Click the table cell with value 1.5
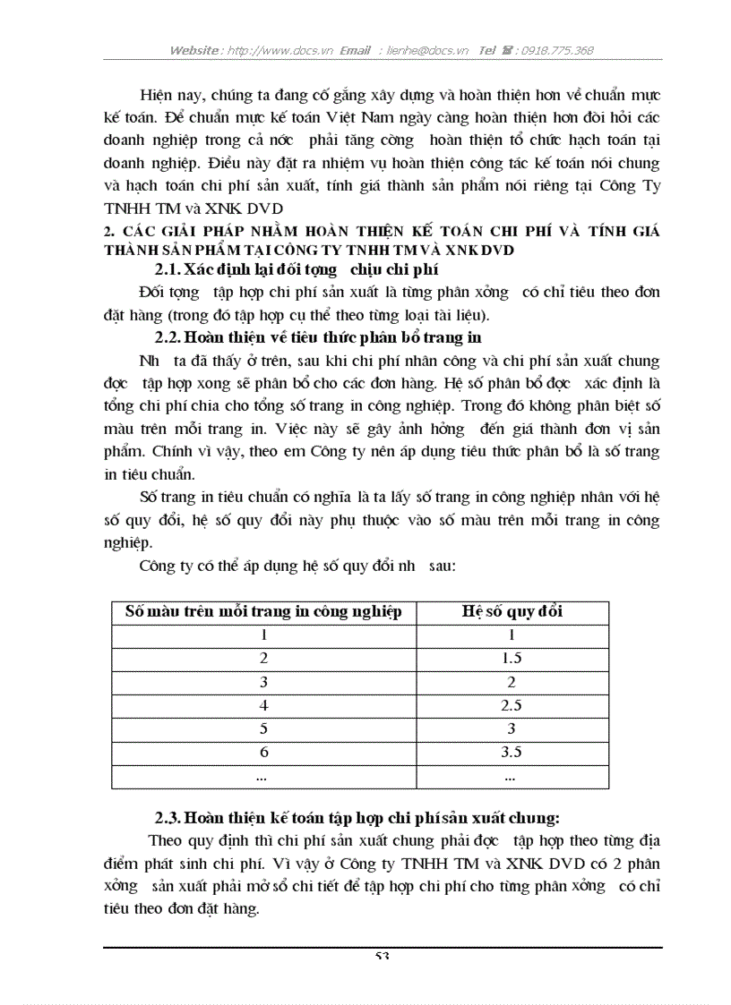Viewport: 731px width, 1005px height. tap(512, 659)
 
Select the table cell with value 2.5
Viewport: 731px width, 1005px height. tap(512, 705)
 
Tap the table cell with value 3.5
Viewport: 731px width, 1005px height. tap(512, 753)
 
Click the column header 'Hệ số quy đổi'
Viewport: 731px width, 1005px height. tap(512, 612)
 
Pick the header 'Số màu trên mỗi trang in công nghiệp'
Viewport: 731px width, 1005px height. tap(263, 612)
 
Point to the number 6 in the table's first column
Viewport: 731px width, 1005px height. tap(264, 753)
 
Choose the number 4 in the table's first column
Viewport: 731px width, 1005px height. tap(264, 705)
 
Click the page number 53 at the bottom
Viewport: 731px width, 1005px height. tap(383, 956)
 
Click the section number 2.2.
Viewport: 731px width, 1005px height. tap(167, 337)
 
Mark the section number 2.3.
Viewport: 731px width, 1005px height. tap(167, 817)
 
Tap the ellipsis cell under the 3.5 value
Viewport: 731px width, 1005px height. tap(512, 777)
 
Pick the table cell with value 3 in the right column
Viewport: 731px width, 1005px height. tap(512, 729)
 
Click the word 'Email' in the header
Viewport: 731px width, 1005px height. tap(356, 51)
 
